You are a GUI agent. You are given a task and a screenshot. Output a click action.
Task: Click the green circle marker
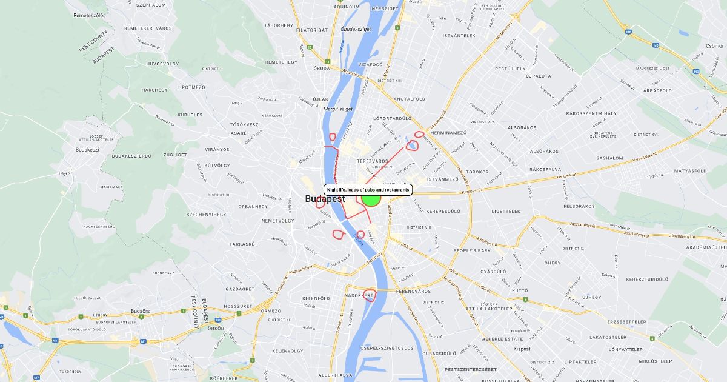(371, 198)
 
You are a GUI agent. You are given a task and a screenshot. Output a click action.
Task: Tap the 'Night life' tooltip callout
(368, 190)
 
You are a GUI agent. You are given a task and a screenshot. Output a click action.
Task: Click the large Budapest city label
(325, 199)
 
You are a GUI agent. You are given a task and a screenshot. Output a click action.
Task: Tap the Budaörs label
(140, 312)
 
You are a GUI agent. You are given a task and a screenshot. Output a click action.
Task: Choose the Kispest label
(522, 349)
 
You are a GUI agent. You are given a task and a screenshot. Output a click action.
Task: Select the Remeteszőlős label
(89, 15)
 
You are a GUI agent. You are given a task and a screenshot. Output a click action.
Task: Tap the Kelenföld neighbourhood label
(316, 298)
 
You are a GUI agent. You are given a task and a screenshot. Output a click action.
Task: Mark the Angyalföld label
(410, 99)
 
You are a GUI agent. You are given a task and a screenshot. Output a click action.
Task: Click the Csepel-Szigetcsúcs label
(387, 348)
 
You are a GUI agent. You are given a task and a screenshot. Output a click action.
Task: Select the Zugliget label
(175, 155)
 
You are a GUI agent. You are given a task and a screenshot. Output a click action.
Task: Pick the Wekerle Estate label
(502, 339)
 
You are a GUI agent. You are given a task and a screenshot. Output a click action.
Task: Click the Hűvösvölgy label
(162, 64)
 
